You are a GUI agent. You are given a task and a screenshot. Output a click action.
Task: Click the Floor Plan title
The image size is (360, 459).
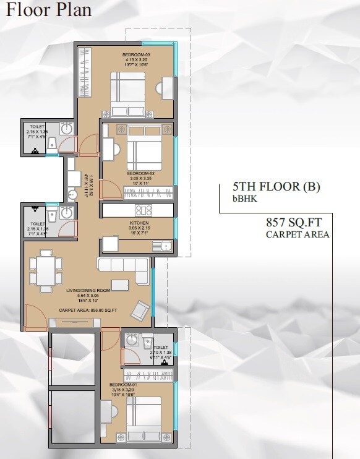click(x=49, y=11)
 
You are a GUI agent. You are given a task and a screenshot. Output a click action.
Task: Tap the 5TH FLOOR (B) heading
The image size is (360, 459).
click(x=276, y=187)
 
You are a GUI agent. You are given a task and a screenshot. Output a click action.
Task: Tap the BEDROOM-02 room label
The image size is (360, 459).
click(x=139, y=174)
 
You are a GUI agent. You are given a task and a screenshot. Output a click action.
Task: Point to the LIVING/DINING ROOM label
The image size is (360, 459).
click(x=88, y=290)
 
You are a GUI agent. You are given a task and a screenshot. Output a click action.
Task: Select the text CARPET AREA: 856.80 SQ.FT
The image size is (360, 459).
click(x=88, y=309)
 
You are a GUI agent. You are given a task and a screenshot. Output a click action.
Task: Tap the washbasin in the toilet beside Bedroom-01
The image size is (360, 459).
click(x=131, y=340)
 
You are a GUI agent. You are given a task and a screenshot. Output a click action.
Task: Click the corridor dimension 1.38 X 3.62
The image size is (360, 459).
click(x=91, y=186)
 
